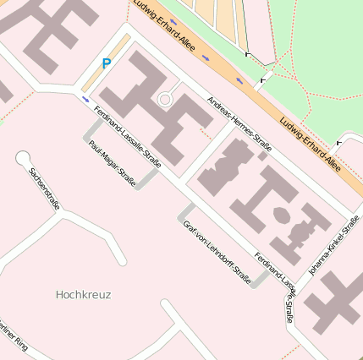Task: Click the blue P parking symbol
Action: [x=106, y=63]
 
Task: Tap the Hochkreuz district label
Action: [x=83, y=295]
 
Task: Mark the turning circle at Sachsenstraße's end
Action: [x=23, y=157]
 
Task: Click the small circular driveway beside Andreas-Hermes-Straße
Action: [x=165, y=100]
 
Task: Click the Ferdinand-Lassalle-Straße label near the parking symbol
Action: [x=127, y=135]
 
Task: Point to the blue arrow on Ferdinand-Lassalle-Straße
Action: [x=85, y=99]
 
